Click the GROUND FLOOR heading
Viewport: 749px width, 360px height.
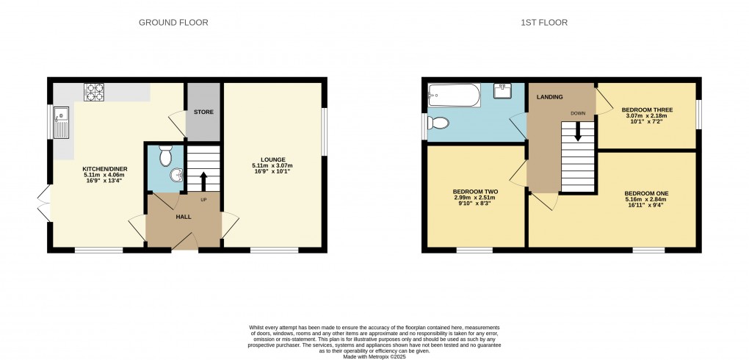point(173,23)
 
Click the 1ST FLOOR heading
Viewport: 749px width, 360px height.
point(544,23)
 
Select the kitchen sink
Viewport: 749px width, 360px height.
point(62,121)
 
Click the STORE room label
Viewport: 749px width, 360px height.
point(203,112)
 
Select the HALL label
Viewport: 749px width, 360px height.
point(184,216)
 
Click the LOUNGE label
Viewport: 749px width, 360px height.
point(272,159)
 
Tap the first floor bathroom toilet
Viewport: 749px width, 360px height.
point(438,122)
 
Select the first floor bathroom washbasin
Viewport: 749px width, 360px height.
point(503,91)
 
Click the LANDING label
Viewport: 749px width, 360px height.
point(549,97)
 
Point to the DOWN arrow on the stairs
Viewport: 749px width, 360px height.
point(578,132)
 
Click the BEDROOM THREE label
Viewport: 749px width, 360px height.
point(646,109)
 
